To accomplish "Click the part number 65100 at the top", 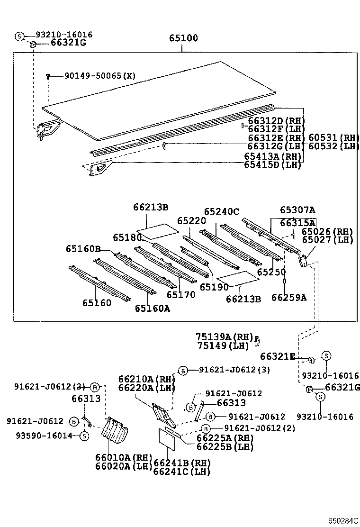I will coord(184,38).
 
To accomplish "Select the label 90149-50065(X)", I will coord(93,76).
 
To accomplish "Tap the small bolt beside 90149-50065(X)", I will coord(48,76).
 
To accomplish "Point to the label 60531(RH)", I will coord(334,138).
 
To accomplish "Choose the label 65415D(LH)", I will coord(273,164).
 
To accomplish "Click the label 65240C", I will coord(222,212).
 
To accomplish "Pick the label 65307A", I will coord(297,210).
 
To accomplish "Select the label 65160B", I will coord(83,249).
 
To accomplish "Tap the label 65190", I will coord(214,287).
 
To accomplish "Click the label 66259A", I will coord(289,297).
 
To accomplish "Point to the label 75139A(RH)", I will coord(224,336).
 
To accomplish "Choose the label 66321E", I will coord(277,356).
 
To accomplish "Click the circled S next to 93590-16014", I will coord(84,436).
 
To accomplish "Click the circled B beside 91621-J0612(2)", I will coord(205,429).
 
